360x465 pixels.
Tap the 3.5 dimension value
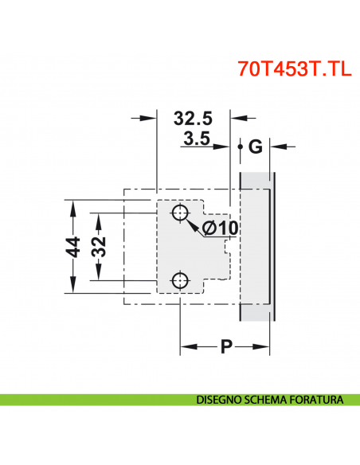pyautogui.click(x=196, y=141)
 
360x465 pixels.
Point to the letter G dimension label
pyautogui.click(x=255, y=147)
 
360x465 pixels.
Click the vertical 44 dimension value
pyautogui.click(x=72, y=247)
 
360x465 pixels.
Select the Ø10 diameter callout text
pyautogui.click(x=220, y=229)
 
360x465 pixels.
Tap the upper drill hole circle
pyautogui.click(x=181, y=213)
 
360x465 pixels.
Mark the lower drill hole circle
pyautogui.click(x=181, y=280)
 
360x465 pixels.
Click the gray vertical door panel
pyautogui.click(x=256, y=247)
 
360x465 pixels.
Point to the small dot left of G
pyautogui.click(x=241, y=147)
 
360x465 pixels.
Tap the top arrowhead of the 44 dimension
pyautogui.click(x=72, y=206)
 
